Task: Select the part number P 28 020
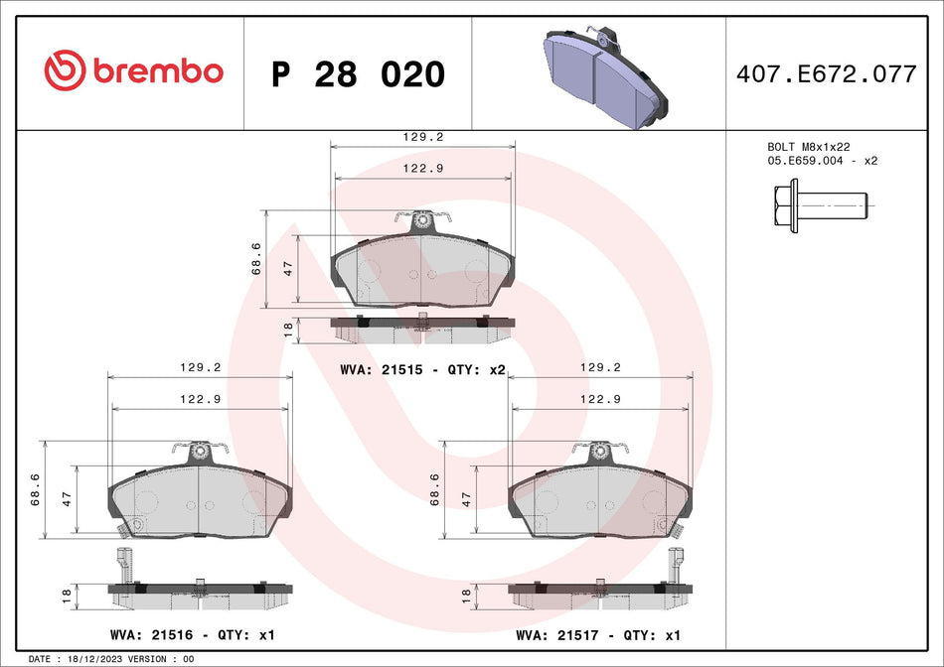(x=358, y=74)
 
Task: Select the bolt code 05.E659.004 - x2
(x=822, y=160)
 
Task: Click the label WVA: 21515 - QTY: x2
(x=422, y=369)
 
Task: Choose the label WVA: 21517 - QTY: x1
(x=598, y=634)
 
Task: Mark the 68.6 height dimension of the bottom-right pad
(x=434, y=489)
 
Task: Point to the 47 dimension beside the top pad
(x=288, y=268)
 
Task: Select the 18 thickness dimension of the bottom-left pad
(x=66, y=596)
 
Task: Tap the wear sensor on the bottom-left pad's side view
(x=124, y=566)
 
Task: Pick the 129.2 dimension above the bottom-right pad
(x=599, y=366)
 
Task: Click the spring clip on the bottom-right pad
(x=599, y=450)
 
